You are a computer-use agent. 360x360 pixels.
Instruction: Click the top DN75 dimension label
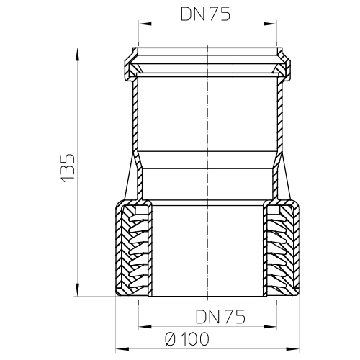click(205, 14)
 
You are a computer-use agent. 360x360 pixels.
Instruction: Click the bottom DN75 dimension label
click(220, 316)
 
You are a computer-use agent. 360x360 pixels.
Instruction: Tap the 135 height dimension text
click(68, 168)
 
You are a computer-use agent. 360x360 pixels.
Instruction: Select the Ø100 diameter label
click(187, 339)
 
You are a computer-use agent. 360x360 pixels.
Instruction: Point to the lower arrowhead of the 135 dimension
click(77, 290)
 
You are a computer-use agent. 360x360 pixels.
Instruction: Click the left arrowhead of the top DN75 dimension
click(145, 24)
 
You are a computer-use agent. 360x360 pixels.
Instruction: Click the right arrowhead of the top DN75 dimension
click(271, 24)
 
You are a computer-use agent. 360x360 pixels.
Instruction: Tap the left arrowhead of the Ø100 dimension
click(122, 348)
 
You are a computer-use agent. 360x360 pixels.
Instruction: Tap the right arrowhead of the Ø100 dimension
click(293, 348)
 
